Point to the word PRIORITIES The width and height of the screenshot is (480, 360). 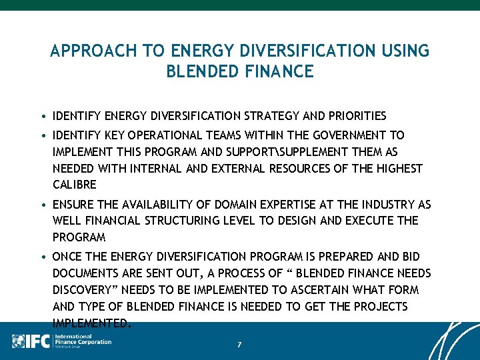click(x=353, y=116)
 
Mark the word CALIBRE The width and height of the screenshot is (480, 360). click(x=75, y=185)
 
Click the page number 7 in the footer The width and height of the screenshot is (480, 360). click(x=239, y=345)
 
